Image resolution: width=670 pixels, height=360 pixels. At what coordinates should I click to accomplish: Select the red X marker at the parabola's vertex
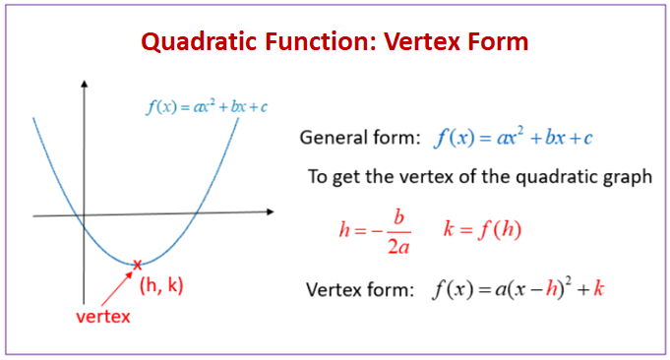pyautogui.click(x=138, y=264)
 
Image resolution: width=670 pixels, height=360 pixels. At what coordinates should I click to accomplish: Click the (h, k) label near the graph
pyautogui.click(x=161, y=285)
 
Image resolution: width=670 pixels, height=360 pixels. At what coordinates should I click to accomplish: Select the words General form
pyautogui.click(x=358, y=138)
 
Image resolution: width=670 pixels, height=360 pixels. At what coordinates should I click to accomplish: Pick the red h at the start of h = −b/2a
pyautogui.click(x=343, y=230)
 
